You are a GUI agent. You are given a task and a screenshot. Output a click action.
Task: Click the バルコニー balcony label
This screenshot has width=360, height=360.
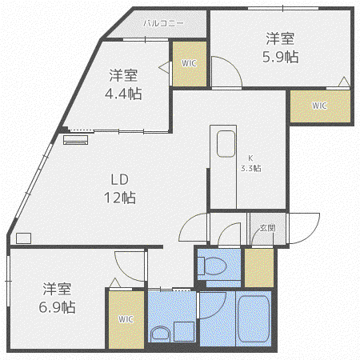(163, 23)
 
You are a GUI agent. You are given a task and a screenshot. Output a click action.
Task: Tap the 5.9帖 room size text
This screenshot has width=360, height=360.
(281, 57)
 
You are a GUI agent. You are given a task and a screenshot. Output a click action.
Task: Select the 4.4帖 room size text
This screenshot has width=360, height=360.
(123, 94)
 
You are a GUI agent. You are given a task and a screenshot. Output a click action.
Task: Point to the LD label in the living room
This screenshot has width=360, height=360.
(120, 180)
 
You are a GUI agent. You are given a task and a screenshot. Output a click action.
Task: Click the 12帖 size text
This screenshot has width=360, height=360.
(120, 198)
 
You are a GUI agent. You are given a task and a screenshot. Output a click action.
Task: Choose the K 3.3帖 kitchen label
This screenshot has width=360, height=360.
(251, 163)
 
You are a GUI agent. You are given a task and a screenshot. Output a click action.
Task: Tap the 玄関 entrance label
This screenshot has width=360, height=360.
(267, 228)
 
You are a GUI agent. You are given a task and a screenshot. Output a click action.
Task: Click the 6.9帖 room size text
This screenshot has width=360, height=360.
(57, 307)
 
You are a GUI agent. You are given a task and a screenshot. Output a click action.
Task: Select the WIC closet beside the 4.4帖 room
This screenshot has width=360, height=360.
(190, 64)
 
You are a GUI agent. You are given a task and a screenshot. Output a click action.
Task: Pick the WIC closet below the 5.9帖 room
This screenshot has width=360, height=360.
(320, 106)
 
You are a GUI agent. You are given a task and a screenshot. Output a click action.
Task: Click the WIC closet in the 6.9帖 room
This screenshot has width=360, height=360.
(126, 319)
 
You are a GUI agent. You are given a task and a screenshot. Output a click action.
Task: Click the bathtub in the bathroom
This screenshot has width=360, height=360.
(254, 319)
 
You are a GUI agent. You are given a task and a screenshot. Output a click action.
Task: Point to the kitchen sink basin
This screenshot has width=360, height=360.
(226, 144)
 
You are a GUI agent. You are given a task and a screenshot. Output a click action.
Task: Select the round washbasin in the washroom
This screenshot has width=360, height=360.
(160, 334)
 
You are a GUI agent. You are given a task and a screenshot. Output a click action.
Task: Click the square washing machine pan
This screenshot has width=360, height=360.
(184, 331)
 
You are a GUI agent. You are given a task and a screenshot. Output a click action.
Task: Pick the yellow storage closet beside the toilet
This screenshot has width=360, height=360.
(259, 268)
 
